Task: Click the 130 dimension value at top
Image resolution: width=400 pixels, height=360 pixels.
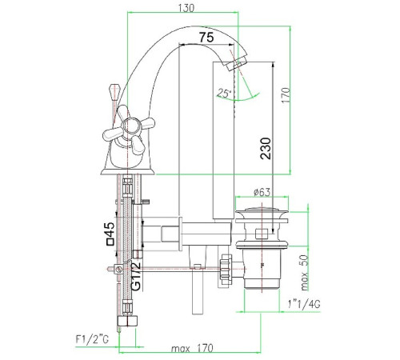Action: coord(186,8)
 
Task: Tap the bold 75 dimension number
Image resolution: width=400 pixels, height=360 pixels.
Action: coord(206,38)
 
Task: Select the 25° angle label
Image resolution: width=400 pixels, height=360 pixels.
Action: coord(224,94)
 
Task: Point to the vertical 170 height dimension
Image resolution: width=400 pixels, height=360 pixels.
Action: coord(286,95)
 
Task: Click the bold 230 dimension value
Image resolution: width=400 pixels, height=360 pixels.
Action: coord(266,149)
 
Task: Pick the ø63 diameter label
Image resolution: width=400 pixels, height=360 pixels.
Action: coord(262,192)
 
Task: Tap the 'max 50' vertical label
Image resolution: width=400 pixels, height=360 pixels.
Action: coord(304,273)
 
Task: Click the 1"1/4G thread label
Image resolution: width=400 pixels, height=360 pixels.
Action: coord(304,304)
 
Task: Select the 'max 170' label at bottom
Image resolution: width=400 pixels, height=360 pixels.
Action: coord(192,348)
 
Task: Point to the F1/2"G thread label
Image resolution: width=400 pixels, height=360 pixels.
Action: coord(92,339)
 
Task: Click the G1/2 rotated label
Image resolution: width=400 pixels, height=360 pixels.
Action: coord(136,276)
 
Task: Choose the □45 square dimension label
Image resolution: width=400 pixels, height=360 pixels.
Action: coord(110,234)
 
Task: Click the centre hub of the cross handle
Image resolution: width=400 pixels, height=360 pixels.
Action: coord(130,126)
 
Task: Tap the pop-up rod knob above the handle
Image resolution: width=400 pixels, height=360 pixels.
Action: coord(114,91)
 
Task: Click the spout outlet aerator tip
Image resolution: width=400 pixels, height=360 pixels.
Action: coord(238,62)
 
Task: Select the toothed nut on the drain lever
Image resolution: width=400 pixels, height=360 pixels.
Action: coord(226,270)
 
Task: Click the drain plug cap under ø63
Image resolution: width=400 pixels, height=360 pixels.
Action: coord(262,213)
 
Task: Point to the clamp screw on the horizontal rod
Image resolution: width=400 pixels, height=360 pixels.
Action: coord(118,269)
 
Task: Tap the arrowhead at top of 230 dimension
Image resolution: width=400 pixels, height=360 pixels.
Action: coord(273,65)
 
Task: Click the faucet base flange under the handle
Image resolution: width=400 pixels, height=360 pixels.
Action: coord(127,171)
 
